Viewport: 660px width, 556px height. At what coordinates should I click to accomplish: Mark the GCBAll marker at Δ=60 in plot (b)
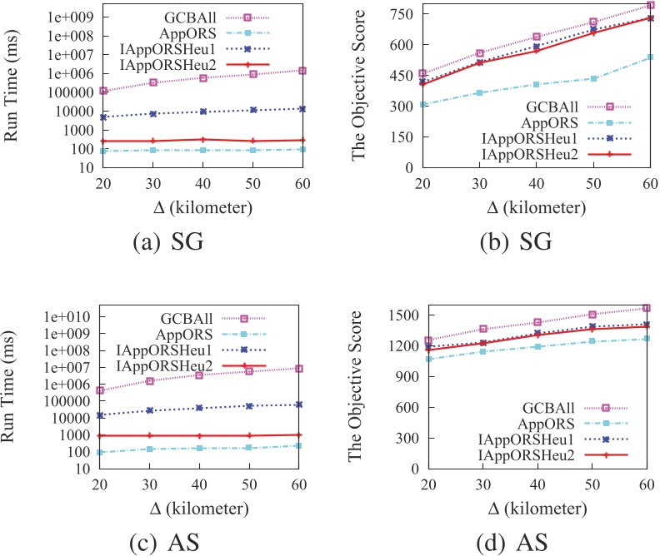pos(650,6)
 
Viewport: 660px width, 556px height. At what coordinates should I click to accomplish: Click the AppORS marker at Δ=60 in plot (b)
pos(650,57)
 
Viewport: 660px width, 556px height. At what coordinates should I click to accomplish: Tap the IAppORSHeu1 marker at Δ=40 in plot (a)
pos(202,112)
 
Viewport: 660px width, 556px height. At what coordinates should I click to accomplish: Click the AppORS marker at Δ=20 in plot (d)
pos(430,359)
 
